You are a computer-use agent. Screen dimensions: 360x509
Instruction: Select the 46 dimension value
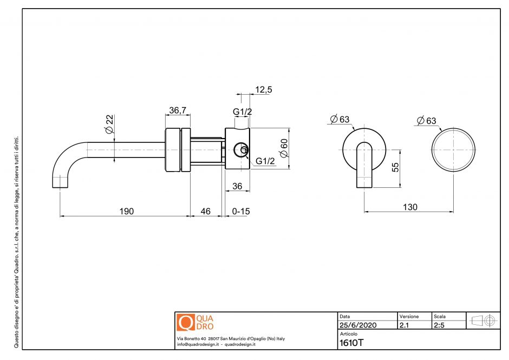(206, 211)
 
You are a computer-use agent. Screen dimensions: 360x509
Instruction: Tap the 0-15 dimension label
(240, 211)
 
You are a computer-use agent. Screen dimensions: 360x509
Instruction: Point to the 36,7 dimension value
(178, 110)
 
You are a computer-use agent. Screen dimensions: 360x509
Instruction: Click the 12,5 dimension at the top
(264, 90)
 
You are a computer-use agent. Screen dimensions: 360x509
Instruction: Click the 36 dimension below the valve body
(237, 186)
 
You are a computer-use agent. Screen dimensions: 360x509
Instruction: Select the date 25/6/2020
(357, 325)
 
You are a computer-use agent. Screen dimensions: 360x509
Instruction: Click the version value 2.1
(404, 325)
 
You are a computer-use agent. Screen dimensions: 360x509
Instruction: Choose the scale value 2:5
(440, 325)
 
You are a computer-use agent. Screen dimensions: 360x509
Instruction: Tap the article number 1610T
(351, 342)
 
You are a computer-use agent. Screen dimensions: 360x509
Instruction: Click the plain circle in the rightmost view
(453, 151)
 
